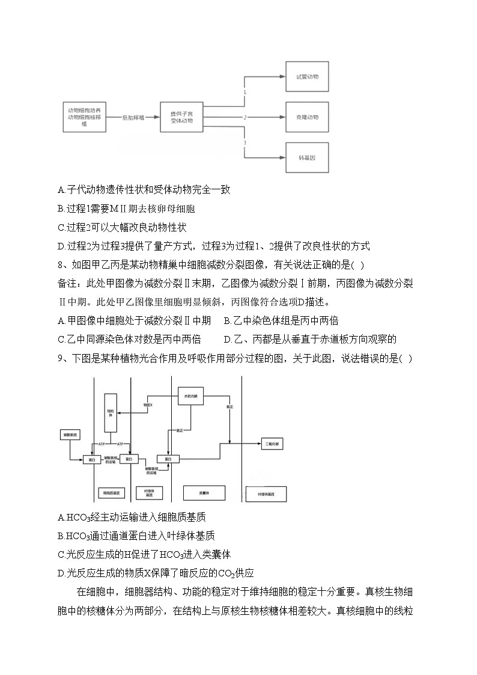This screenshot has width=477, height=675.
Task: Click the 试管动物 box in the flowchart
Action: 307,77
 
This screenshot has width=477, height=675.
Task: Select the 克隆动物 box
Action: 307,117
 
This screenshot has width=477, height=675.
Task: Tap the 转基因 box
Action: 307,157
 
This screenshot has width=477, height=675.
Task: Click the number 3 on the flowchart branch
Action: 245,142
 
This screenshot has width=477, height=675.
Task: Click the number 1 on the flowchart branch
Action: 245,92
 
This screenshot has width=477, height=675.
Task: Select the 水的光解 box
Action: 192,397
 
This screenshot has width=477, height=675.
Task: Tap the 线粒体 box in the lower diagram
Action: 110,412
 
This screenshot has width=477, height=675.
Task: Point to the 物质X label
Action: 148,405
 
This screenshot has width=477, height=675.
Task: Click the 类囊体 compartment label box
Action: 204,493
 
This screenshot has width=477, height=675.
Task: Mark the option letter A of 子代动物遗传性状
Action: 61,190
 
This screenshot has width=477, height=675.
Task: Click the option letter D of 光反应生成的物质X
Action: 61,572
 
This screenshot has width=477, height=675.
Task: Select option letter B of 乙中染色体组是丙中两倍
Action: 227,321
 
